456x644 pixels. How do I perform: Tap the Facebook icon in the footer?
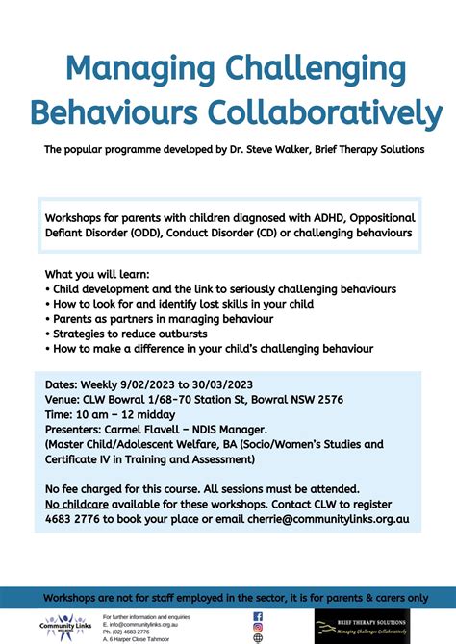coord(258,616)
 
